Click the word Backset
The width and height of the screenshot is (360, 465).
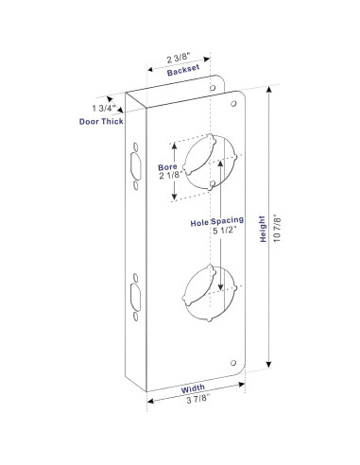181,72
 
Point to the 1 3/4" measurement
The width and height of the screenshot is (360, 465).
107,107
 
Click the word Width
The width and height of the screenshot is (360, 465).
193,387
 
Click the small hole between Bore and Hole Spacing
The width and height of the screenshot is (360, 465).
216,186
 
